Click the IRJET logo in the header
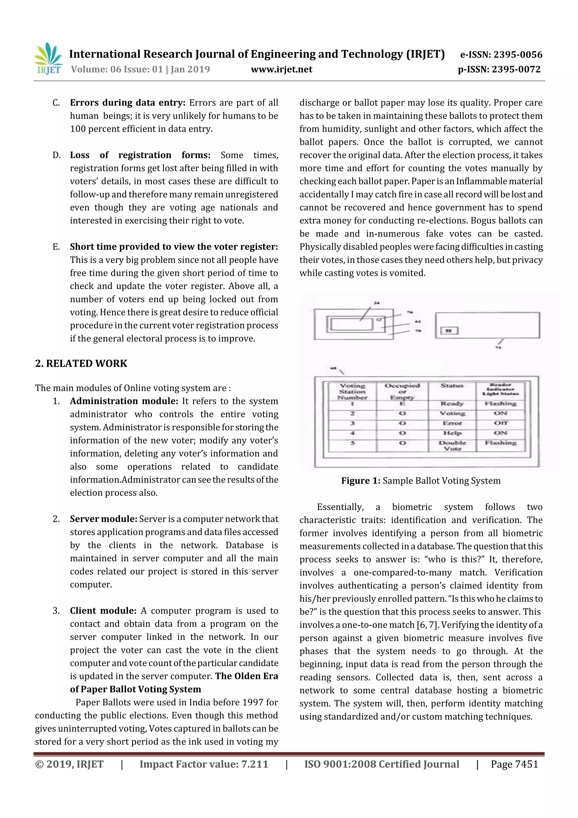(49, 59)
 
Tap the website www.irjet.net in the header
(281, 69)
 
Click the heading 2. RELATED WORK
(81, 363)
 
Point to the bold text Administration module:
(124, 401)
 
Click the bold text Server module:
(103, 519)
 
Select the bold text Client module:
(103, 611)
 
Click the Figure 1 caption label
(361, 481)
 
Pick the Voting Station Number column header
(352, 391)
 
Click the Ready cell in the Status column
(452, 403)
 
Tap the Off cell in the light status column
(500, 423)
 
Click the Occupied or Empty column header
(402, 391)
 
